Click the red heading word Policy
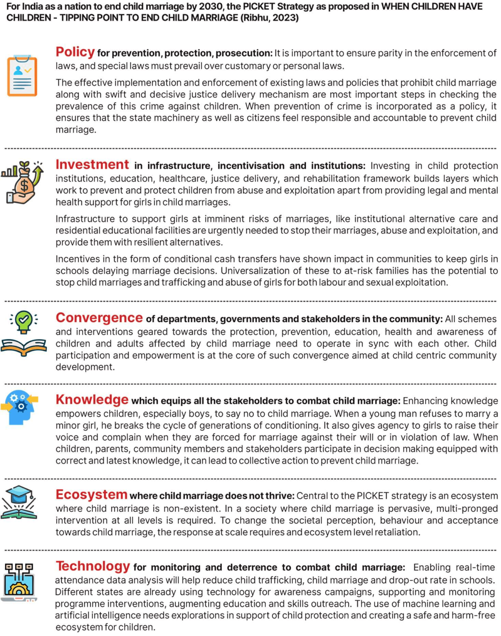75,52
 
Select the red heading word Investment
92,165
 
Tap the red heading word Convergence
99,318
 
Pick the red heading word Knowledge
92,399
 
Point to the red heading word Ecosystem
91,494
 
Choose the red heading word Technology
92,566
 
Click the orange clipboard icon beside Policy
22,76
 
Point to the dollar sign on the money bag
24,186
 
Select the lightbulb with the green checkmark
24,321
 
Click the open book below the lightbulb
24,347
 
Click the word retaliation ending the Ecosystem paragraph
398,532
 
